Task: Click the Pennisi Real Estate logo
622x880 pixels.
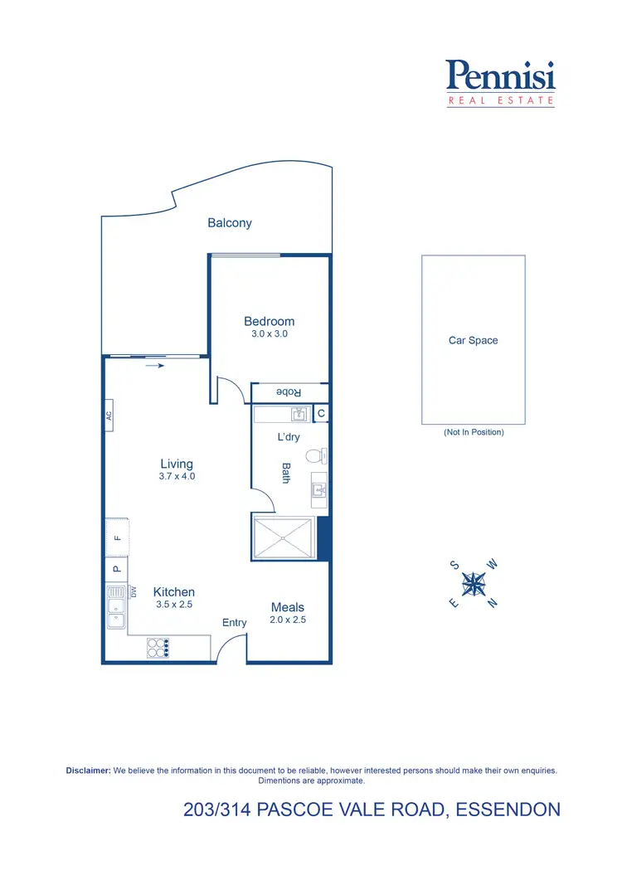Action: pos(501,82)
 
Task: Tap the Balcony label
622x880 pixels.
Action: pos(230,223)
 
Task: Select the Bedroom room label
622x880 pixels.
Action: pos(269,322)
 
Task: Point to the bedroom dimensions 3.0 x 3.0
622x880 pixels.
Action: pos(270,334)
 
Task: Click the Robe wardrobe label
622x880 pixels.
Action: pos(288,392)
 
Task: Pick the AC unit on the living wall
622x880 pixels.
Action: pos(109,416)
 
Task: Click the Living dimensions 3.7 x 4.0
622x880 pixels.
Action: pos(177,477)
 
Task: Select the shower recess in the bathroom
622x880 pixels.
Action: pos(284,537)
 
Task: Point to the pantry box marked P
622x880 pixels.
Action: pos(116,569)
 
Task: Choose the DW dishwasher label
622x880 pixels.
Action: pos(133,591)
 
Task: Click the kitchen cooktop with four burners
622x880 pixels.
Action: pos(158,647)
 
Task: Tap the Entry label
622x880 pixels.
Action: pos(235,623)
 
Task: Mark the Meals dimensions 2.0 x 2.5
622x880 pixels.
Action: pos(288,620)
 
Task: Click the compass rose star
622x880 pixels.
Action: pos(474,584)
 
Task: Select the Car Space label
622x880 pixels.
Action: pos(473,341)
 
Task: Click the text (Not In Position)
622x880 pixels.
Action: pos(474,432)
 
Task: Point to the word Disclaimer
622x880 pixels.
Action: pos(88,771)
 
